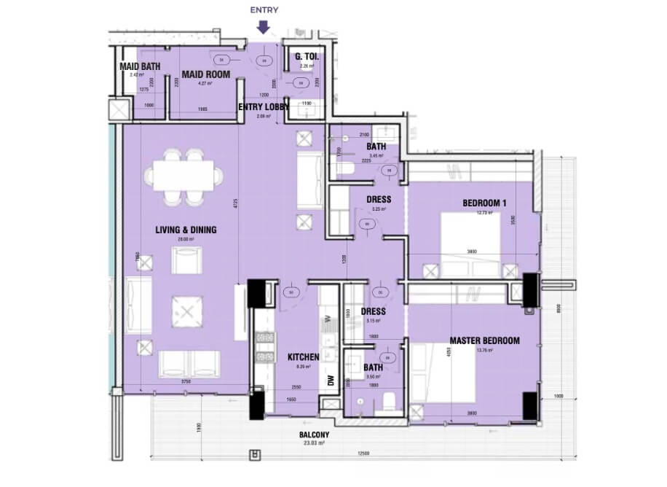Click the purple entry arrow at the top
click(264, 26)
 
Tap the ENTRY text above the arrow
click(264, 10)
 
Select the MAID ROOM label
click(206, 74)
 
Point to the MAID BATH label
click(140, 67)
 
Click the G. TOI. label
click(304, 57)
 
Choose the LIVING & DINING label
click(186, 230)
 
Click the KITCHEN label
click(304, 357)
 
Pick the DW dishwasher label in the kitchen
click(331, 381)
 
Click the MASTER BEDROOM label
click(484, 340)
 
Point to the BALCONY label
click(314, 435)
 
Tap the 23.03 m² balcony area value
click(314, 444)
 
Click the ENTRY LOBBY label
click(264, 107)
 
